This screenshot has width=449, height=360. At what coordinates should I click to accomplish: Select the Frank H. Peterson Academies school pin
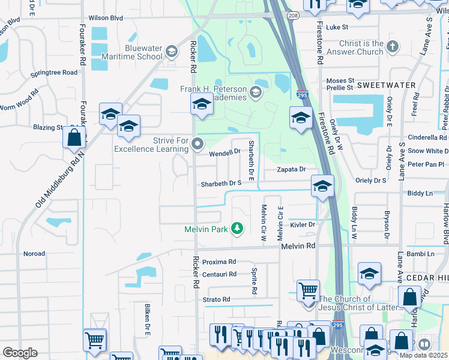[x=202, y=106]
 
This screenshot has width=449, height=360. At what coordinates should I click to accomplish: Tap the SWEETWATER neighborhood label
[x=386, y=85]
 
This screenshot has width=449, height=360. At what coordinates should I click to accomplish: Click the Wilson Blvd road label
[x=106, y=18]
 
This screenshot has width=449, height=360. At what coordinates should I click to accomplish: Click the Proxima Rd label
[x=219, y=262]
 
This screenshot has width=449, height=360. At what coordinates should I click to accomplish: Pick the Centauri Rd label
[x=219, y=274]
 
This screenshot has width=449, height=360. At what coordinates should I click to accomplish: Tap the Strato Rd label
[x=217, y=299]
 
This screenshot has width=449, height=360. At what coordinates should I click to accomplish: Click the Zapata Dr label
[x=291, y=170]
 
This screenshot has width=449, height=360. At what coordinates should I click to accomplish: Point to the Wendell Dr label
[x=224, y=153]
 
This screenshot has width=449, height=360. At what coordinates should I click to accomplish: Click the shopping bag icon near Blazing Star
[x=74, y=137]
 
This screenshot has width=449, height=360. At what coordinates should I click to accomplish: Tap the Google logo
[x=20, y=353]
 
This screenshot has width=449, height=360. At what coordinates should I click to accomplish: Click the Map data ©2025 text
[x=424, y=355]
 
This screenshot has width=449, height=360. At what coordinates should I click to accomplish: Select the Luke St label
[x=337, y=27]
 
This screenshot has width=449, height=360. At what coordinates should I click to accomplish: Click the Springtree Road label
[x=55, y=73]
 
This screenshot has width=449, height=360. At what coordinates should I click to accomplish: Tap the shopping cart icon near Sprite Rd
[x=308, y=290]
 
